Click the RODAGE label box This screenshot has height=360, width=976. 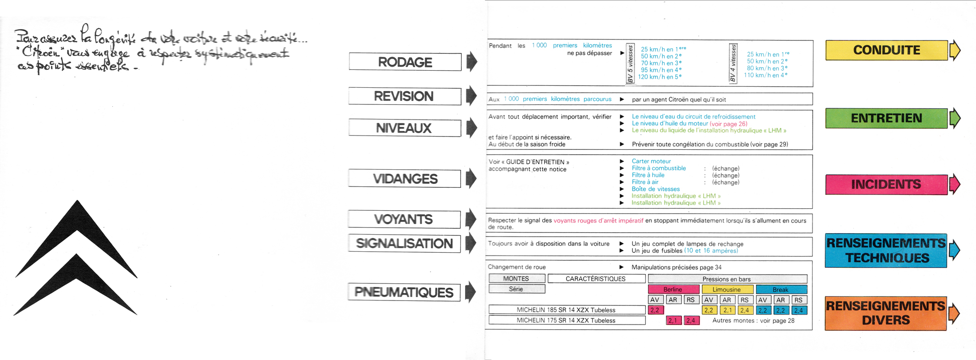(x=405, y=62)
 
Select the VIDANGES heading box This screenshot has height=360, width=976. (x=405, y=179)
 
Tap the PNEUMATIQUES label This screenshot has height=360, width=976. (x=404, y=292)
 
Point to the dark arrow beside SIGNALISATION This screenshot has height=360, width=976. (x=471, y=243)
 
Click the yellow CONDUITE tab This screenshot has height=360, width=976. (x=886, y=50)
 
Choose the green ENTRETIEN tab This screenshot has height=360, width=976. (x=886, y=118)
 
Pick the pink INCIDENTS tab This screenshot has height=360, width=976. (x=886, y=184)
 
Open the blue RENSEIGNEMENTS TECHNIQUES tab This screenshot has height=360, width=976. (x=886, y=250)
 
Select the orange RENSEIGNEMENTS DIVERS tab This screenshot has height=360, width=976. (x=886, y=313)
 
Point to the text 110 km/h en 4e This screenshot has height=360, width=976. (x=765, y=75)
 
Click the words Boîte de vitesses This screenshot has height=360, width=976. (x=655, y=189)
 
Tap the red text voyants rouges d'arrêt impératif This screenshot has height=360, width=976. (x=598, y=220)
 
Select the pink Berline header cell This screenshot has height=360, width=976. (x=672, y=289)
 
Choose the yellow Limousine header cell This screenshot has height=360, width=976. (x=727, y=289)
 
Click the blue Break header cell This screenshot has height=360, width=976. (x=780, y=289)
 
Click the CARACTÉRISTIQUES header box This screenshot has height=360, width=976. (x=595, y=279)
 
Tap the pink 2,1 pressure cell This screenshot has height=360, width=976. (x=672, y=320)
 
